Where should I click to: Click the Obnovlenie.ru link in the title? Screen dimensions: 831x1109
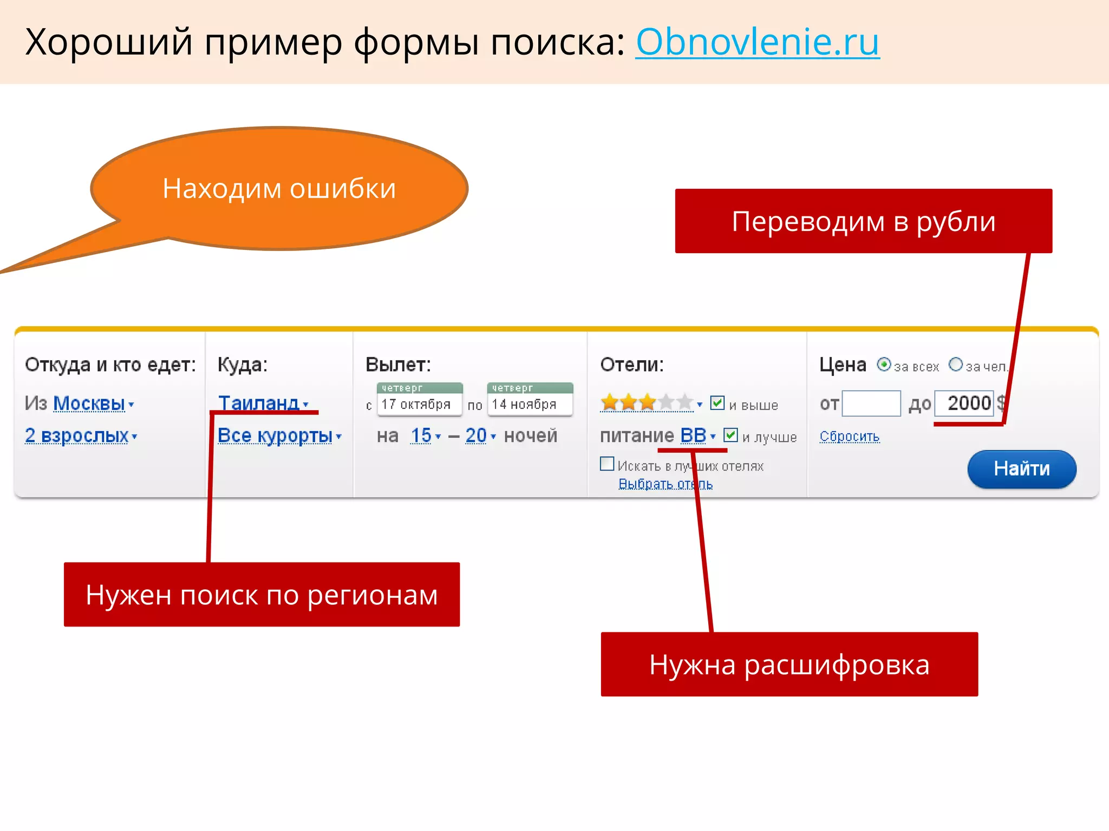757,42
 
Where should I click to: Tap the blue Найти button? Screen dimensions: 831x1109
1021,469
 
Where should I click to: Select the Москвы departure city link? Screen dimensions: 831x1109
89,404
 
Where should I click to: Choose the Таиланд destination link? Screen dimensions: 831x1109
259,403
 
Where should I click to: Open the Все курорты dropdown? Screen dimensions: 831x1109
276,436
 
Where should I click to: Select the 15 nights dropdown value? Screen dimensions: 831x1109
421,436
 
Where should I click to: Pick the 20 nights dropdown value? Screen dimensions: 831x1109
477,436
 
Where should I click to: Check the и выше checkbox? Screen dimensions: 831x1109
717,403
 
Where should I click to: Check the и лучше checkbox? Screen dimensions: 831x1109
730,435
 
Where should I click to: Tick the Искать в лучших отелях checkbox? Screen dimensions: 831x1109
607,464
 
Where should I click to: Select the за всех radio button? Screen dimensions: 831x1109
884,365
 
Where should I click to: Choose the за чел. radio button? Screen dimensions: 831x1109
956,365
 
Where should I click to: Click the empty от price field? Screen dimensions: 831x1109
871,404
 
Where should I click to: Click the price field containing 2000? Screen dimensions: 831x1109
964,404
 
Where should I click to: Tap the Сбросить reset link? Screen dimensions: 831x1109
849,436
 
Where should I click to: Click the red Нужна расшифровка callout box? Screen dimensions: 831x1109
789,664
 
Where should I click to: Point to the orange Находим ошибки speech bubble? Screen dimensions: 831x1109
279,188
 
